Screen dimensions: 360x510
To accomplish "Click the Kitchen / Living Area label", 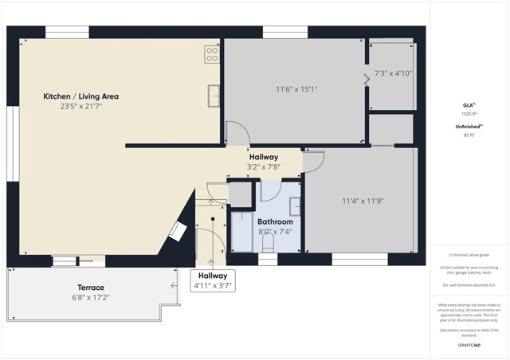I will point(80,96).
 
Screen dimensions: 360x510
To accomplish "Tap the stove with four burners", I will point(213,54).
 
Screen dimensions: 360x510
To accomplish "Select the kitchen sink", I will point(214,95).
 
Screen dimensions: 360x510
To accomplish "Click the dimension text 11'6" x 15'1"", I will point(296,88).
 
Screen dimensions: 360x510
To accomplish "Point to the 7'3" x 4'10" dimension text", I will point(392,73).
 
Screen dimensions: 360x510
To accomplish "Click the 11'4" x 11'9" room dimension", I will point(363,201).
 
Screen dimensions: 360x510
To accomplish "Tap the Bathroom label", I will point(275,221).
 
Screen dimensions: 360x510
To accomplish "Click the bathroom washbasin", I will point(294,205).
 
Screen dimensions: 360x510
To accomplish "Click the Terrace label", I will point(90,287).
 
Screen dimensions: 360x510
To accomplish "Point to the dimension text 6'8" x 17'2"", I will point(90,297).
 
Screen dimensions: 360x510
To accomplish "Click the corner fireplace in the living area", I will point(178,231).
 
